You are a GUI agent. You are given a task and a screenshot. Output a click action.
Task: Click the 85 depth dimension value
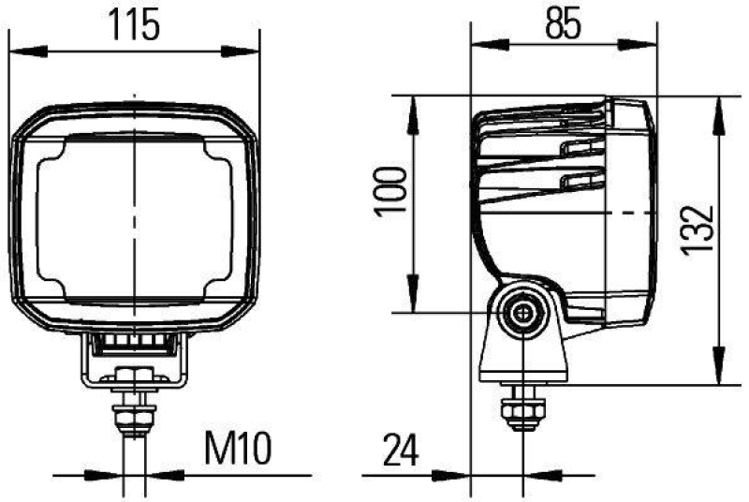click(x=564, y=22)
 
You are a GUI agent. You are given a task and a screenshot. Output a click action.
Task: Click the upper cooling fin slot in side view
click(x=577, y=146)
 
